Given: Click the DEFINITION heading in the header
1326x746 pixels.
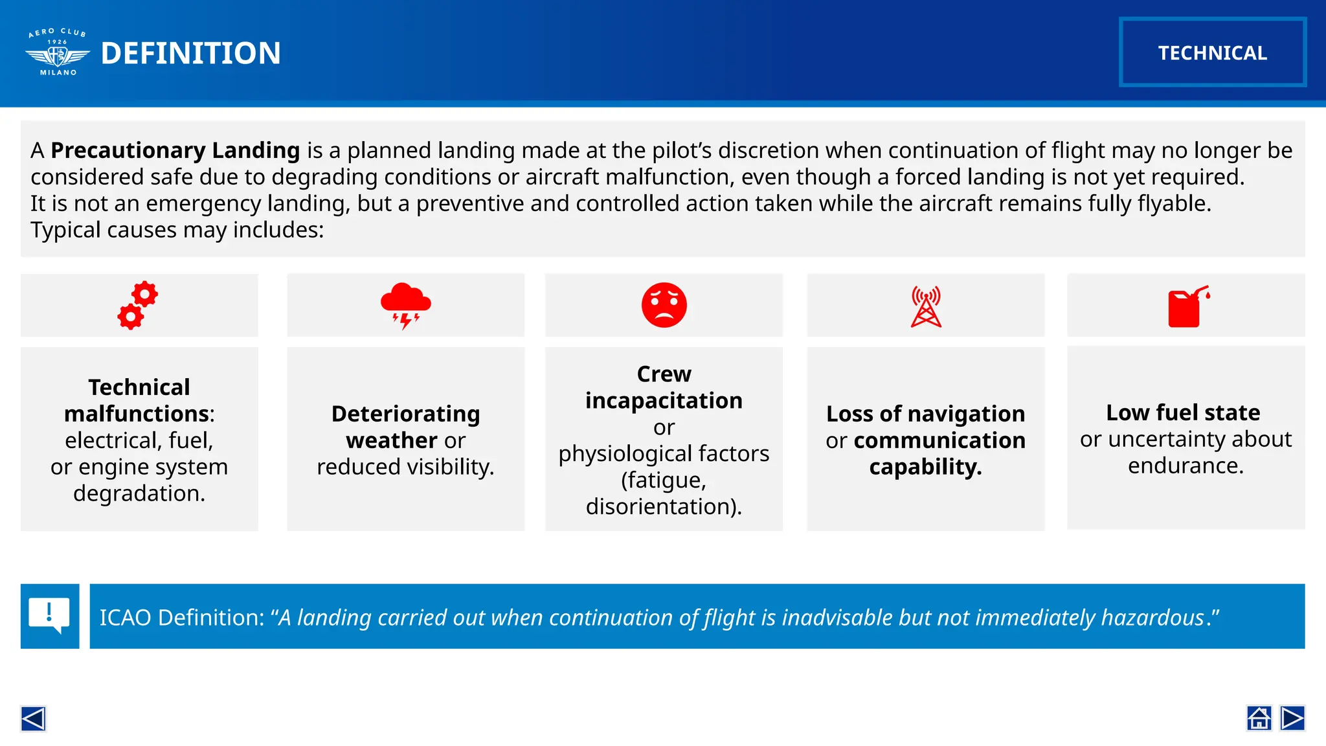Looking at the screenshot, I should pos(191,53).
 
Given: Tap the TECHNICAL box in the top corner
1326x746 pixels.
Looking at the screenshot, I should pos(1212,52).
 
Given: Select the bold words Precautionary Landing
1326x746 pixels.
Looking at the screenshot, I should pos(175,150).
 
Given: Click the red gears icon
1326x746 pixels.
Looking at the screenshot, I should pos(138,305).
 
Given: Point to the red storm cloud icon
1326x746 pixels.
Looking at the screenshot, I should pos(405,305).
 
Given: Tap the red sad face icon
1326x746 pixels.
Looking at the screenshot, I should pos(664,305).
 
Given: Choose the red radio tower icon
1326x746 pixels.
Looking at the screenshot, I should pos(926,306).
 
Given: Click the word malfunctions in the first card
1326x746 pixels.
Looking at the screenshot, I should pos(137,414).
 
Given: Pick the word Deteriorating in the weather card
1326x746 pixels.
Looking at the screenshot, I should pos(405,414).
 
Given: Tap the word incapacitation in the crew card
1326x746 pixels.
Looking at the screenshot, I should pos(664,401).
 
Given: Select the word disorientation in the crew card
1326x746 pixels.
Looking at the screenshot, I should pos(660,506).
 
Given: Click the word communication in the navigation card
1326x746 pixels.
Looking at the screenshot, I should pos(939,440).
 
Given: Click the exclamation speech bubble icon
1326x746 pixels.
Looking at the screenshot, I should pos(50,616).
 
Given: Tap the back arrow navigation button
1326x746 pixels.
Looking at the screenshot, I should pos(33,718).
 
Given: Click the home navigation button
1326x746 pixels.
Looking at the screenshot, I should pos(1259,718).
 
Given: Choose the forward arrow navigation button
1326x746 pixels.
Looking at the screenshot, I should pos(1292,718).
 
